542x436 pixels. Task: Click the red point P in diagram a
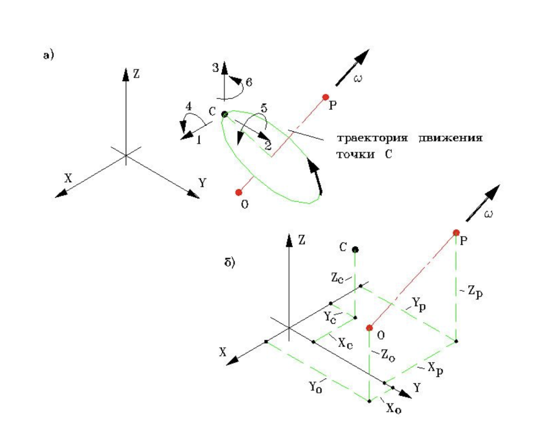326,97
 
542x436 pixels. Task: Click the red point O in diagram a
239,192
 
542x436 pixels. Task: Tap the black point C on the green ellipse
224,114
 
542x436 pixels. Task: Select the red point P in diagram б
456,233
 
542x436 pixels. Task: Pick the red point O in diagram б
369,328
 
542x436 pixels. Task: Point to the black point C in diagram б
355,250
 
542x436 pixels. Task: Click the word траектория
372,138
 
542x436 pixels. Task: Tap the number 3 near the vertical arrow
215,67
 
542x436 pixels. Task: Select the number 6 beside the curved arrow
249,82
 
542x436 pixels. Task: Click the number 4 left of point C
188,106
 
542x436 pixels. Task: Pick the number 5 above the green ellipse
264,108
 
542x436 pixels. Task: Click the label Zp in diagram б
475,292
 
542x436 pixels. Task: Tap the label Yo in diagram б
315,387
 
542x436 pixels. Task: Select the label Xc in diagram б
345,343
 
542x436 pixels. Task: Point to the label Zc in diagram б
337,278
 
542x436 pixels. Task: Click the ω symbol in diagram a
358,78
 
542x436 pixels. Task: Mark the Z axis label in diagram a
136,74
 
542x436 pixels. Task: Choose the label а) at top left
48,55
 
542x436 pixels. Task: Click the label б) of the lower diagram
229,262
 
